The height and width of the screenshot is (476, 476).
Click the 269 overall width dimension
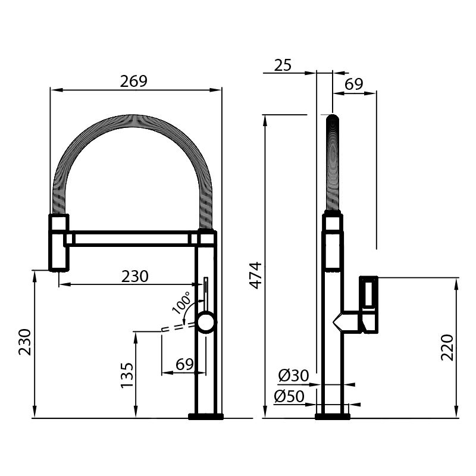133,82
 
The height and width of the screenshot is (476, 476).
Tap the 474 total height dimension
255,275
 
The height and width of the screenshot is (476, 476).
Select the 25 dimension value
283,64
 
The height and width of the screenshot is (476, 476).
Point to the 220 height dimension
447,347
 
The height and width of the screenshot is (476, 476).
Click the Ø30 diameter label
293,375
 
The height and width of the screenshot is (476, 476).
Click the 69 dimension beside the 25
353,84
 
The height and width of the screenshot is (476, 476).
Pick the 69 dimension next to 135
184,364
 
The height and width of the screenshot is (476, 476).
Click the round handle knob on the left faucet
206,324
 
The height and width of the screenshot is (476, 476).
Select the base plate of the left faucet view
206,415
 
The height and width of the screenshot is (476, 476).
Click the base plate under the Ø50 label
332,415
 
